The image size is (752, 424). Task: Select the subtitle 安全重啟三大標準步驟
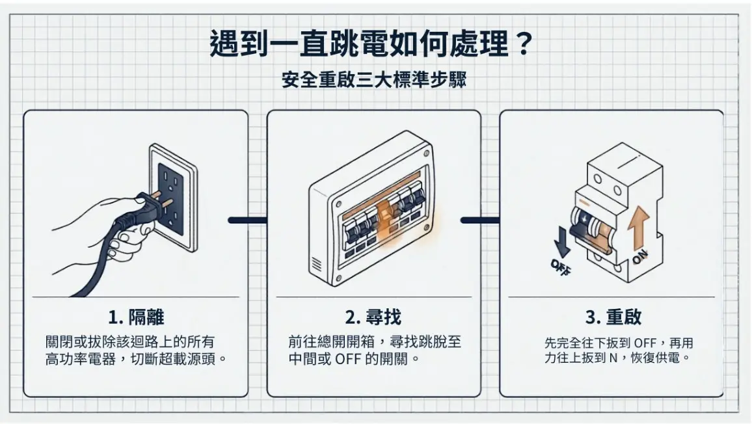374,81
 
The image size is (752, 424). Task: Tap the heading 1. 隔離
136,317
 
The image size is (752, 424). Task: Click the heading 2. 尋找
373,317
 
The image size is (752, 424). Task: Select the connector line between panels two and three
480,220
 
